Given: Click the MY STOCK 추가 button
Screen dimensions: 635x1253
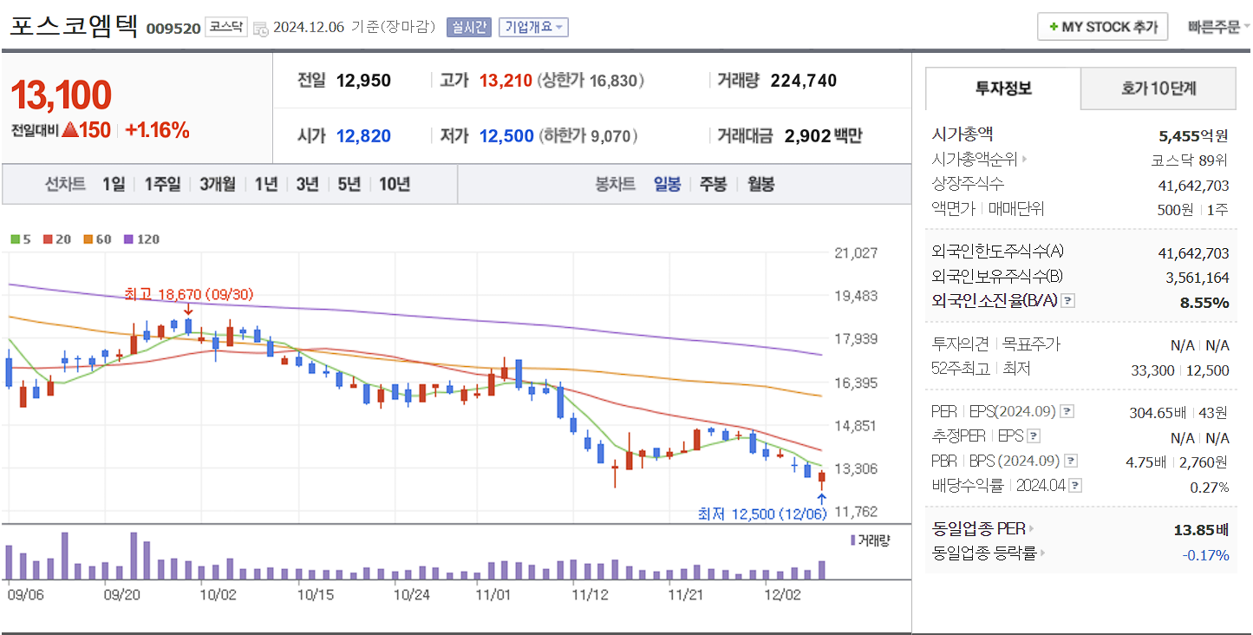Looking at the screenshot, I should click(1102, 27).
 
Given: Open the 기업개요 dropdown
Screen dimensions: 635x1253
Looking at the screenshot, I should click(533, 27).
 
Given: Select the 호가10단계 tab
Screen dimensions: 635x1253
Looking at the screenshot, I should click(1158, 88).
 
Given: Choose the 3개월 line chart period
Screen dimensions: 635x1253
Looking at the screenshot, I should click(217, 184).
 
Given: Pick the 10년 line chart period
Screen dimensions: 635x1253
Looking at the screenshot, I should click(395, 184).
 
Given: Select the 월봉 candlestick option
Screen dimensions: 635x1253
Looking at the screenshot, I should click(760, 184).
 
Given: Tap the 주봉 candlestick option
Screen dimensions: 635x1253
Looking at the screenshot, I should click(713, 184).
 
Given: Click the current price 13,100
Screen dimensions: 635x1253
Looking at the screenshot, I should click(61, 95).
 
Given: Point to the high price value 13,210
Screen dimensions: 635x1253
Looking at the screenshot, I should click(506, 81).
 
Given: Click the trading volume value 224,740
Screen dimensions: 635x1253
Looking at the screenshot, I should click(803, 81).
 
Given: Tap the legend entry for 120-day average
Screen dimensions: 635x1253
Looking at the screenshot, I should click(142, 239).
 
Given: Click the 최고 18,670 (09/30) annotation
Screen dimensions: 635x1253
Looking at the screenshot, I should click(188, 295).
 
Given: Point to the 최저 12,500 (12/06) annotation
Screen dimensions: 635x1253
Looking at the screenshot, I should click(762, 514).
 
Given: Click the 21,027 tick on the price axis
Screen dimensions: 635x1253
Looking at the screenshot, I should click(855, 253).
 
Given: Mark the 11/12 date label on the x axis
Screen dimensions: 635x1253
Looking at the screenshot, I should click(590, 595).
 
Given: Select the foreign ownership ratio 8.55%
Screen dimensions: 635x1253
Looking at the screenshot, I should click(1204, 303).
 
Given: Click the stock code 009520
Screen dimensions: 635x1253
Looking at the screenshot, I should click(173, 29).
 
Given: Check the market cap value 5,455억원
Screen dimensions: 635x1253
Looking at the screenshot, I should click(1193, 136).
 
